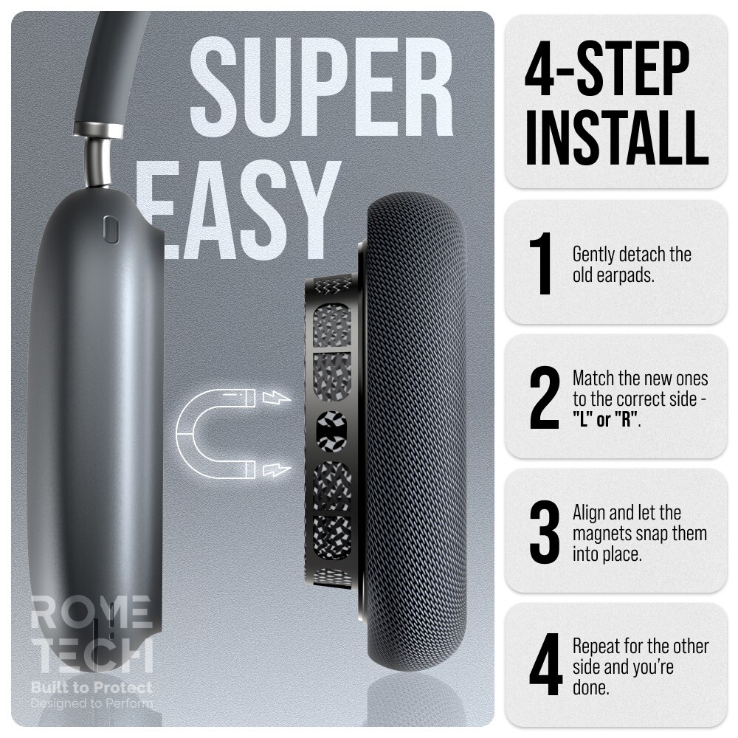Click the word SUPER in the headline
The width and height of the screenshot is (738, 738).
click(x=322, y=86)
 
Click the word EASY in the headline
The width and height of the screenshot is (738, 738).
click(x=238, y=210)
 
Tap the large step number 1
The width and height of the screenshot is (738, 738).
click(x=542, y=263)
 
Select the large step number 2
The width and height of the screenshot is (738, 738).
click(x=545, y=398)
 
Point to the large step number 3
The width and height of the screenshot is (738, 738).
click(x=545, y=532)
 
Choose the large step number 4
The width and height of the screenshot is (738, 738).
click(x=545, y=665)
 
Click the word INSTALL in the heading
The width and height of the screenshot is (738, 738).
click(x=616, y=137)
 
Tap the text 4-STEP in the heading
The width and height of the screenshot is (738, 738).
click(x=607, y=68)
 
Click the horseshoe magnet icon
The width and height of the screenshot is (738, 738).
click(x=215, y=433)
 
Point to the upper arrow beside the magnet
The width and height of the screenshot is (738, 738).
click(x=276, y=398)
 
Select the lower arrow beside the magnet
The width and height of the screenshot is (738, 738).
click(x=276, y=469)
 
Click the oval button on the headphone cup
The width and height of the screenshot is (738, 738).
click(x=111, y=230)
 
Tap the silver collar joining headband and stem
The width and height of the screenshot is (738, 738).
click(x=99, y=129)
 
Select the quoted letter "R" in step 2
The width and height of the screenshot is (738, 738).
click(x=627, y=419)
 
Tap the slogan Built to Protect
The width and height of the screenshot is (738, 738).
click(x=92, y=688)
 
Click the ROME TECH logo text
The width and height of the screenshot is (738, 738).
click(x=92, y=633)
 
